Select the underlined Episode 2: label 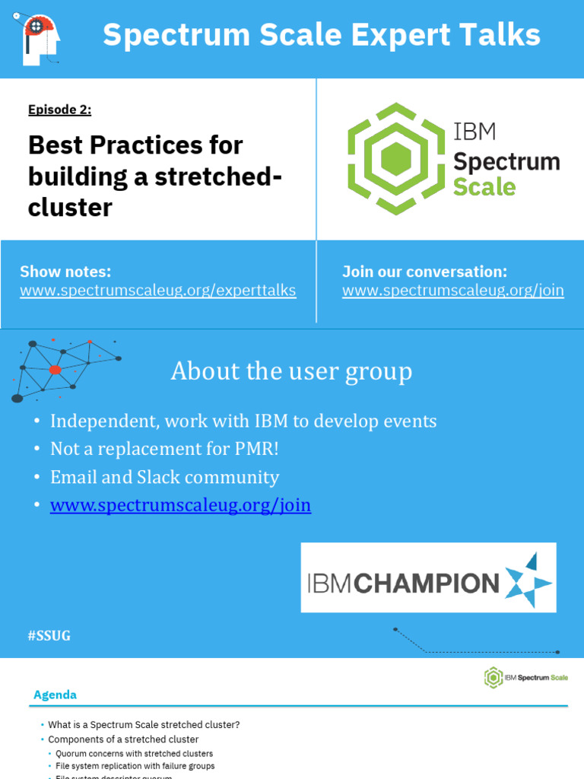pyautogui.click(x=59, y=110)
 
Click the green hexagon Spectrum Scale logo pyautogui.click(x=395, y=158)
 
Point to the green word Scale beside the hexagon pyautogui.click(x=484, y=186)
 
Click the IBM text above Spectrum pyautogui.click(x=474, y=132)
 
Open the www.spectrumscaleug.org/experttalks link pyautogui.click(x=157, y=291)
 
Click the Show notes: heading pyautogui.click(x=65, y=272)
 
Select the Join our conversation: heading pyautogui.click(x=424, y=272)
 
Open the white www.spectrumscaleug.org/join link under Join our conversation pyautogui.click(x=452, y=291)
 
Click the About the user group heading pyautogui.click(x=291, y=371)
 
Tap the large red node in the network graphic pyautogui.click(x=55, y=370)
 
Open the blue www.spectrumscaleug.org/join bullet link pyautogui.click(x=180, y=505)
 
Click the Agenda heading pyautogui.click(x=55, y=695)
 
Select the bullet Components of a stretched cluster pyautogui.click(x=123, y=739)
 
